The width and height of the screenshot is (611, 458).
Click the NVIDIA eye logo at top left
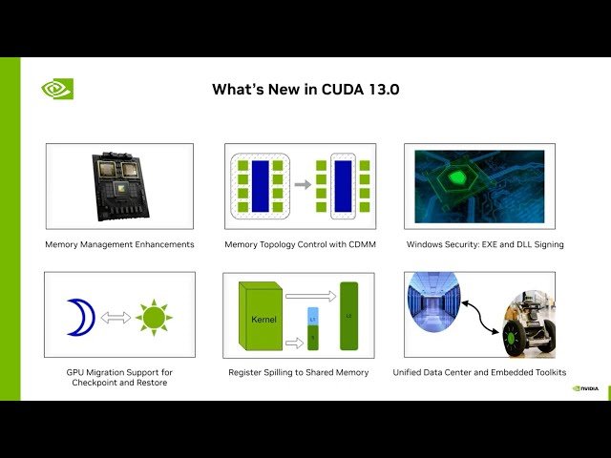pyautogui.click(x=57, y=89)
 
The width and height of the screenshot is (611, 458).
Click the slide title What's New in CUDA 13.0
pyautogui.click(x=305, y=89)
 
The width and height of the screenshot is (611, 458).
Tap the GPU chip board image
pyautogui.click(x=119, y=185)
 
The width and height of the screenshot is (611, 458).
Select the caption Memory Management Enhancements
pyautogui.click(x=119, y=244)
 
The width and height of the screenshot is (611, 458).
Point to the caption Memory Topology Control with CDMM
pyautogui.click(x=299, y=244)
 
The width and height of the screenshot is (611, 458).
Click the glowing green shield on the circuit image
pyautogui.click(x=458, y=179)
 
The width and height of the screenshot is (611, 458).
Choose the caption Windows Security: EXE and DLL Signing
pyautogui.click(x=485, y=244)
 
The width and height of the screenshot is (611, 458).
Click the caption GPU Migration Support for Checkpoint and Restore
pyautogui.click(x=119, y=377)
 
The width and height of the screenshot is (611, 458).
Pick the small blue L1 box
pyautogui.click(x=311, y=314)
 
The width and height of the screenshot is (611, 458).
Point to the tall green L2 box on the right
pyautogui.click(x=348, y=314)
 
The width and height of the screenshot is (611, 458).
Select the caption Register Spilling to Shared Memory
pyautogui.click(x=299, y=372)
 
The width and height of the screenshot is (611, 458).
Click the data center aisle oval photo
pyautogui.click(x=433, y=315)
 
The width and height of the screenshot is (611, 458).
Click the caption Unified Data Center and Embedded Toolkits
pyautogui.click(x=479, y=372)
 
